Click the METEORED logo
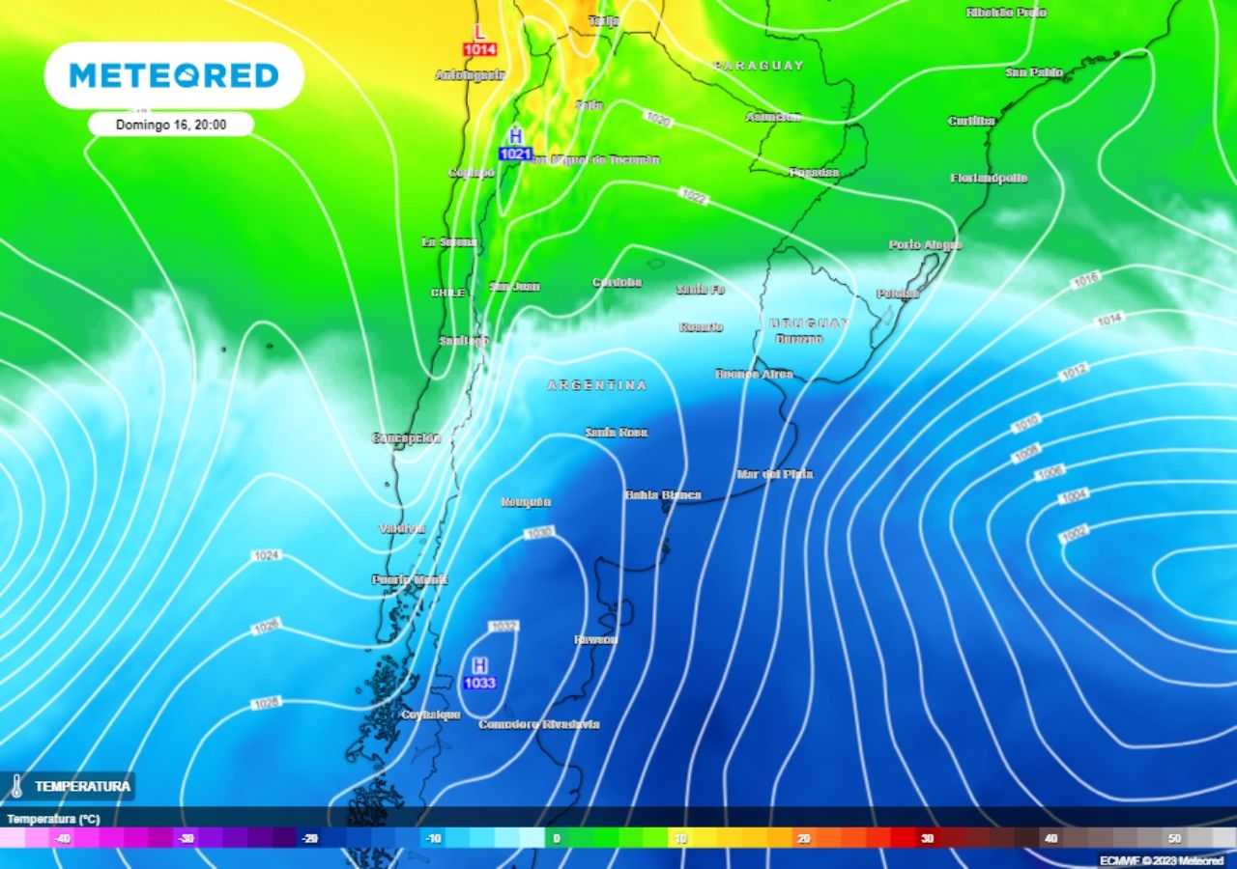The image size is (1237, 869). pyautogui.click(x=174, y=75)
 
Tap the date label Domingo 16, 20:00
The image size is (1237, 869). pyautogui.click(x=171, y=125)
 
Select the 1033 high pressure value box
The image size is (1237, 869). pyautogui.click(x=479, y=684)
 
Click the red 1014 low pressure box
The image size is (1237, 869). pyautogui.click(x=479, y=49)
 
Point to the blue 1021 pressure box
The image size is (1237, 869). pyautogui.click(x=515, y=154)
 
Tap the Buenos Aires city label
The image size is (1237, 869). pyautogui.click(x=754, y=374)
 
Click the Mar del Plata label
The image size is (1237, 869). pyautogui.click(x=774, y=474)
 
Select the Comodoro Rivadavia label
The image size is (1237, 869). pyautogui.click(x=538, y=724)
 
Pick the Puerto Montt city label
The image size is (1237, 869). pyautogui.click(x=410, y=579)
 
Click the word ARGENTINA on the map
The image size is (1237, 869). pyautogui.click(x=597, y=385)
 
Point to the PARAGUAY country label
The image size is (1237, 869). pyautogui.click(x=759, y=66)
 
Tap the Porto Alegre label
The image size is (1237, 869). pyautogui.click(x=925, y=245)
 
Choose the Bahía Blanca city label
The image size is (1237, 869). pyautogui.click(x=663, y=495)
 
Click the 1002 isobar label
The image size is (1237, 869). pyautogui.click(x=1074, y=532)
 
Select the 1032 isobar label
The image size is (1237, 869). pyautogui.click(x=503, y=627)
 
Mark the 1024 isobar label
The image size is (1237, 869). pyautogui.click(x=266, y=556)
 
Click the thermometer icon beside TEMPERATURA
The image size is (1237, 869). pyautogui.click(x=16, y=786)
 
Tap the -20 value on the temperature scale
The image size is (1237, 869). pyautogui.click(x=309, y=838)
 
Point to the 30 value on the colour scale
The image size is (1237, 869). pyautogui.click(x=927, y=838)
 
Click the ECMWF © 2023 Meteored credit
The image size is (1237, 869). pyautogui.click(x=1161, y=860)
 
